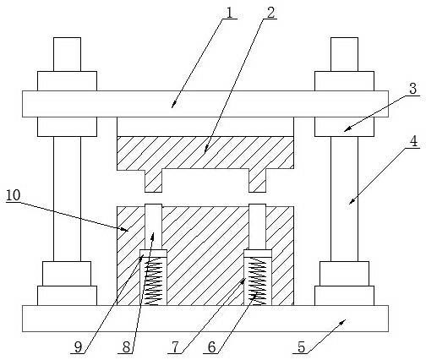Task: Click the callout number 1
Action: pyautogui.click(x=230, y=12)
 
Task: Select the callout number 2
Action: pyautogui.click(x=270, y=12)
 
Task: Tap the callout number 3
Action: pyautogui.click(x=412, y=89)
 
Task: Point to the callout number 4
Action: pyautogui.click(x=413, y=141)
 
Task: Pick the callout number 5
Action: pyautogui.click(x=302, y=347)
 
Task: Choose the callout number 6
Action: pyautogui.click(x=212, y=347)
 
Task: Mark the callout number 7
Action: pyautogui.click(x=175, y=347)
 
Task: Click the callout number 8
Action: pyautogui.click(x=127, y=347)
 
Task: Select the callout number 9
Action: pyautogui.click(x=78, y=347)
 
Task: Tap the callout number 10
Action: pyautogui.click(x=14, y=195)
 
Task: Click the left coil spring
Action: pyautogui.click(x=153, y=281)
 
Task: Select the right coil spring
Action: pyautogui.click(x=257, y=281)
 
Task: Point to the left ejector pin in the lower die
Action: pyautogui.click(x=153, y=226)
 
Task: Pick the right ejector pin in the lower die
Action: pyautogui.click(x=257, y=226)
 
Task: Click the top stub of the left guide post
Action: pyautogui.click(x=67, y=54)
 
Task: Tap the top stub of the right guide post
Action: pyautogui.click(x=344, y=54)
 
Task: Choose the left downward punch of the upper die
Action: pyautogui.click(x=154, y=181)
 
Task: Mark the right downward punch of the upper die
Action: pyautogui.click(x=258, y=181)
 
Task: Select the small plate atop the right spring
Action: pyautogui.click(x=258, y=254)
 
